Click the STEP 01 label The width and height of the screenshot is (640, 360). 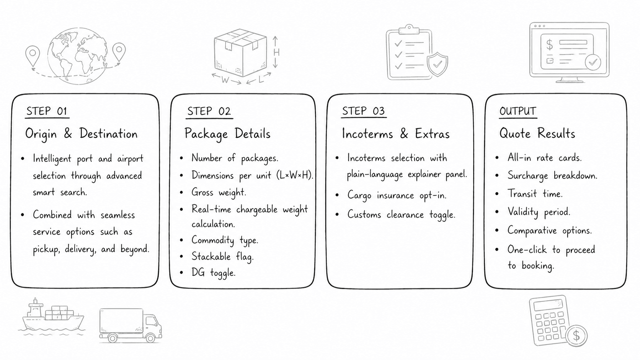point(47,111)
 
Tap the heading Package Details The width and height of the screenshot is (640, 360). point(227,134)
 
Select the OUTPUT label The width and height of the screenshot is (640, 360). point(518,111)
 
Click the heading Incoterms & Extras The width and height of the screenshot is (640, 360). point(395,134)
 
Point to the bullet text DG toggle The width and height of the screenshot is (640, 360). point(213,272)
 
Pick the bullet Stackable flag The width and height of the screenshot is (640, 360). point(222,256)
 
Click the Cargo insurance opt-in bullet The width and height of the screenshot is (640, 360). point(397,195)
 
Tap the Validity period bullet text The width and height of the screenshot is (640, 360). point(539,212)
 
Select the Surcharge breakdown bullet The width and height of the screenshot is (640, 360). point(552,176)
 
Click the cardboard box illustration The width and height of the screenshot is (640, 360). point(240,52)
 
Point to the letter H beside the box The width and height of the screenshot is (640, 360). point(276,52)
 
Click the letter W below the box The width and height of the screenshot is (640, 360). point(225,80)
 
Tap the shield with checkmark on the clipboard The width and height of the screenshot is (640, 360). point(437,64)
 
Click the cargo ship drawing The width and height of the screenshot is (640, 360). point(52,316)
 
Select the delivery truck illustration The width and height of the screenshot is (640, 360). point(130,325)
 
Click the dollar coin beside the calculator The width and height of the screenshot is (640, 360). point(576,336)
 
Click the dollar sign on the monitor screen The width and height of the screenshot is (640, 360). point(549,45)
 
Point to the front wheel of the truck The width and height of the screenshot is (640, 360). point(150,338)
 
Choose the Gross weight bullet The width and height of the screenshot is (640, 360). point(219,192)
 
